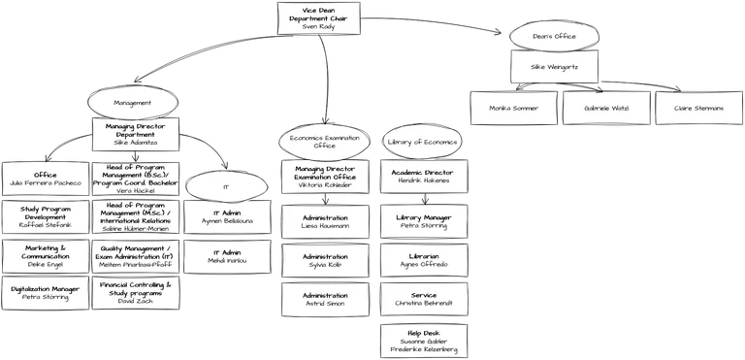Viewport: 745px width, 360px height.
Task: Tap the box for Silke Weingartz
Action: tap(556, 68)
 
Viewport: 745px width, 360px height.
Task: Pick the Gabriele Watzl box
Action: tap(605, 107)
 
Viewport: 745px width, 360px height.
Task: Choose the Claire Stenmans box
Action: tap(698, 107)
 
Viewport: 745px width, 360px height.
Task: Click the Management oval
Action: tap(133, 102)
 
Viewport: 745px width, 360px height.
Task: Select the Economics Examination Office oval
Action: tap(325, 142)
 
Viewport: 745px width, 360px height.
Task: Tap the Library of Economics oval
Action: tap(422, 142)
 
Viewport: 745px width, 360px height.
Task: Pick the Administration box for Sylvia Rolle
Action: tap(325, 259)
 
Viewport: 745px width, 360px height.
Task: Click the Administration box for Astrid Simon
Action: tap(325, 299)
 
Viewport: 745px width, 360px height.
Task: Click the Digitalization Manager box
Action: tap(45, 293)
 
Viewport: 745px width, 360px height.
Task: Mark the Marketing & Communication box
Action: tap(45, 256)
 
